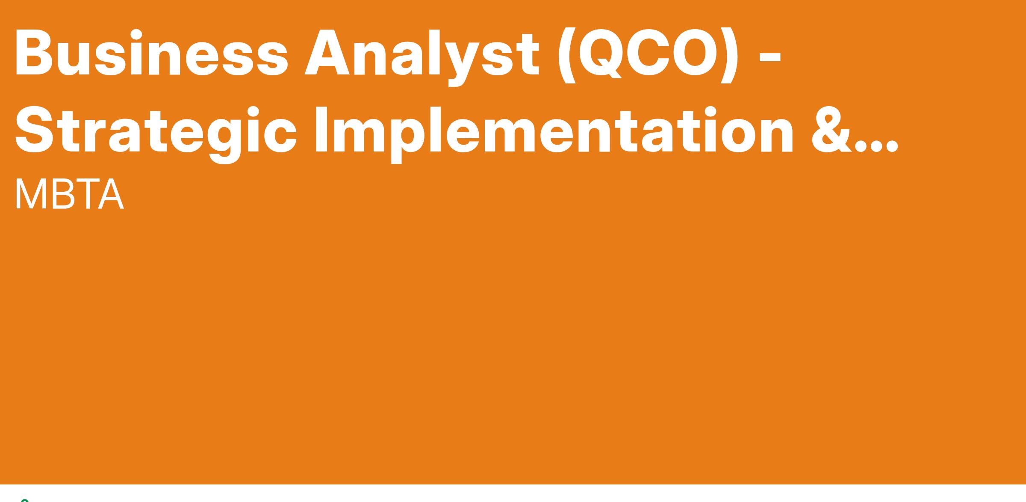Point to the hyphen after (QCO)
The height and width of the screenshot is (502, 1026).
click(770, 56)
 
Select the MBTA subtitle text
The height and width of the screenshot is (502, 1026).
click(69, 194)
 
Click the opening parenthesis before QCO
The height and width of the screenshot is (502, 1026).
click(566, 56)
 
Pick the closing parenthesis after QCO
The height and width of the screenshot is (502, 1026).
click(729, 56)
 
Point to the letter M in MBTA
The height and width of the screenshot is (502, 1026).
click(31, 194)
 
